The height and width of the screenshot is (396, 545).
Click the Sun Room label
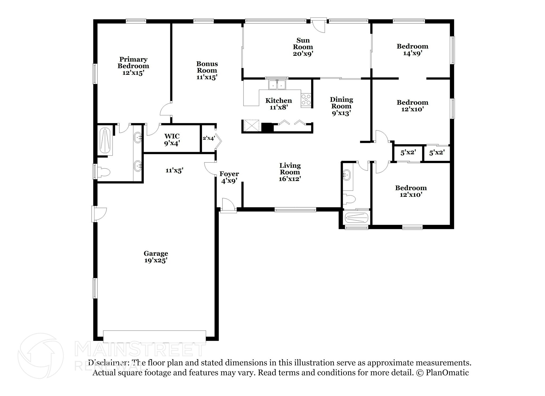coord(303,47)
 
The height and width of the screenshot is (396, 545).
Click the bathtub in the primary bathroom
coord(105,140)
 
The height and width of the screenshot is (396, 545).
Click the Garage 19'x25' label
coord(156,257)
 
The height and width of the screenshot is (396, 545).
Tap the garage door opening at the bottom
coord(154,336)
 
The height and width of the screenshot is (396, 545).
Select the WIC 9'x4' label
coord(172,140)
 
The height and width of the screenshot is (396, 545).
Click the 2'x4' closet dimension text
coord(209,138)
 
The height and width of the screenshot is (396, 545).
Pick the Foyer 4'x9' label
coord(229,177)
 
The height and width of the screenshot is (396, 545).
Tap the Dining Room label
coord(341,106)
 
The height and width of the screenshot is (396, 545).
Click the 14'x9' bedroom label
coord(412,50)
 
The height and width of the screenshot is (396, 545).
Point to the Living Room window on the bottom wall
coord(295,210)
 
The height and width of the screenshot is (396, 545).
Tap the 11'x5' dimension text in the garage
coord(174,170)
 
